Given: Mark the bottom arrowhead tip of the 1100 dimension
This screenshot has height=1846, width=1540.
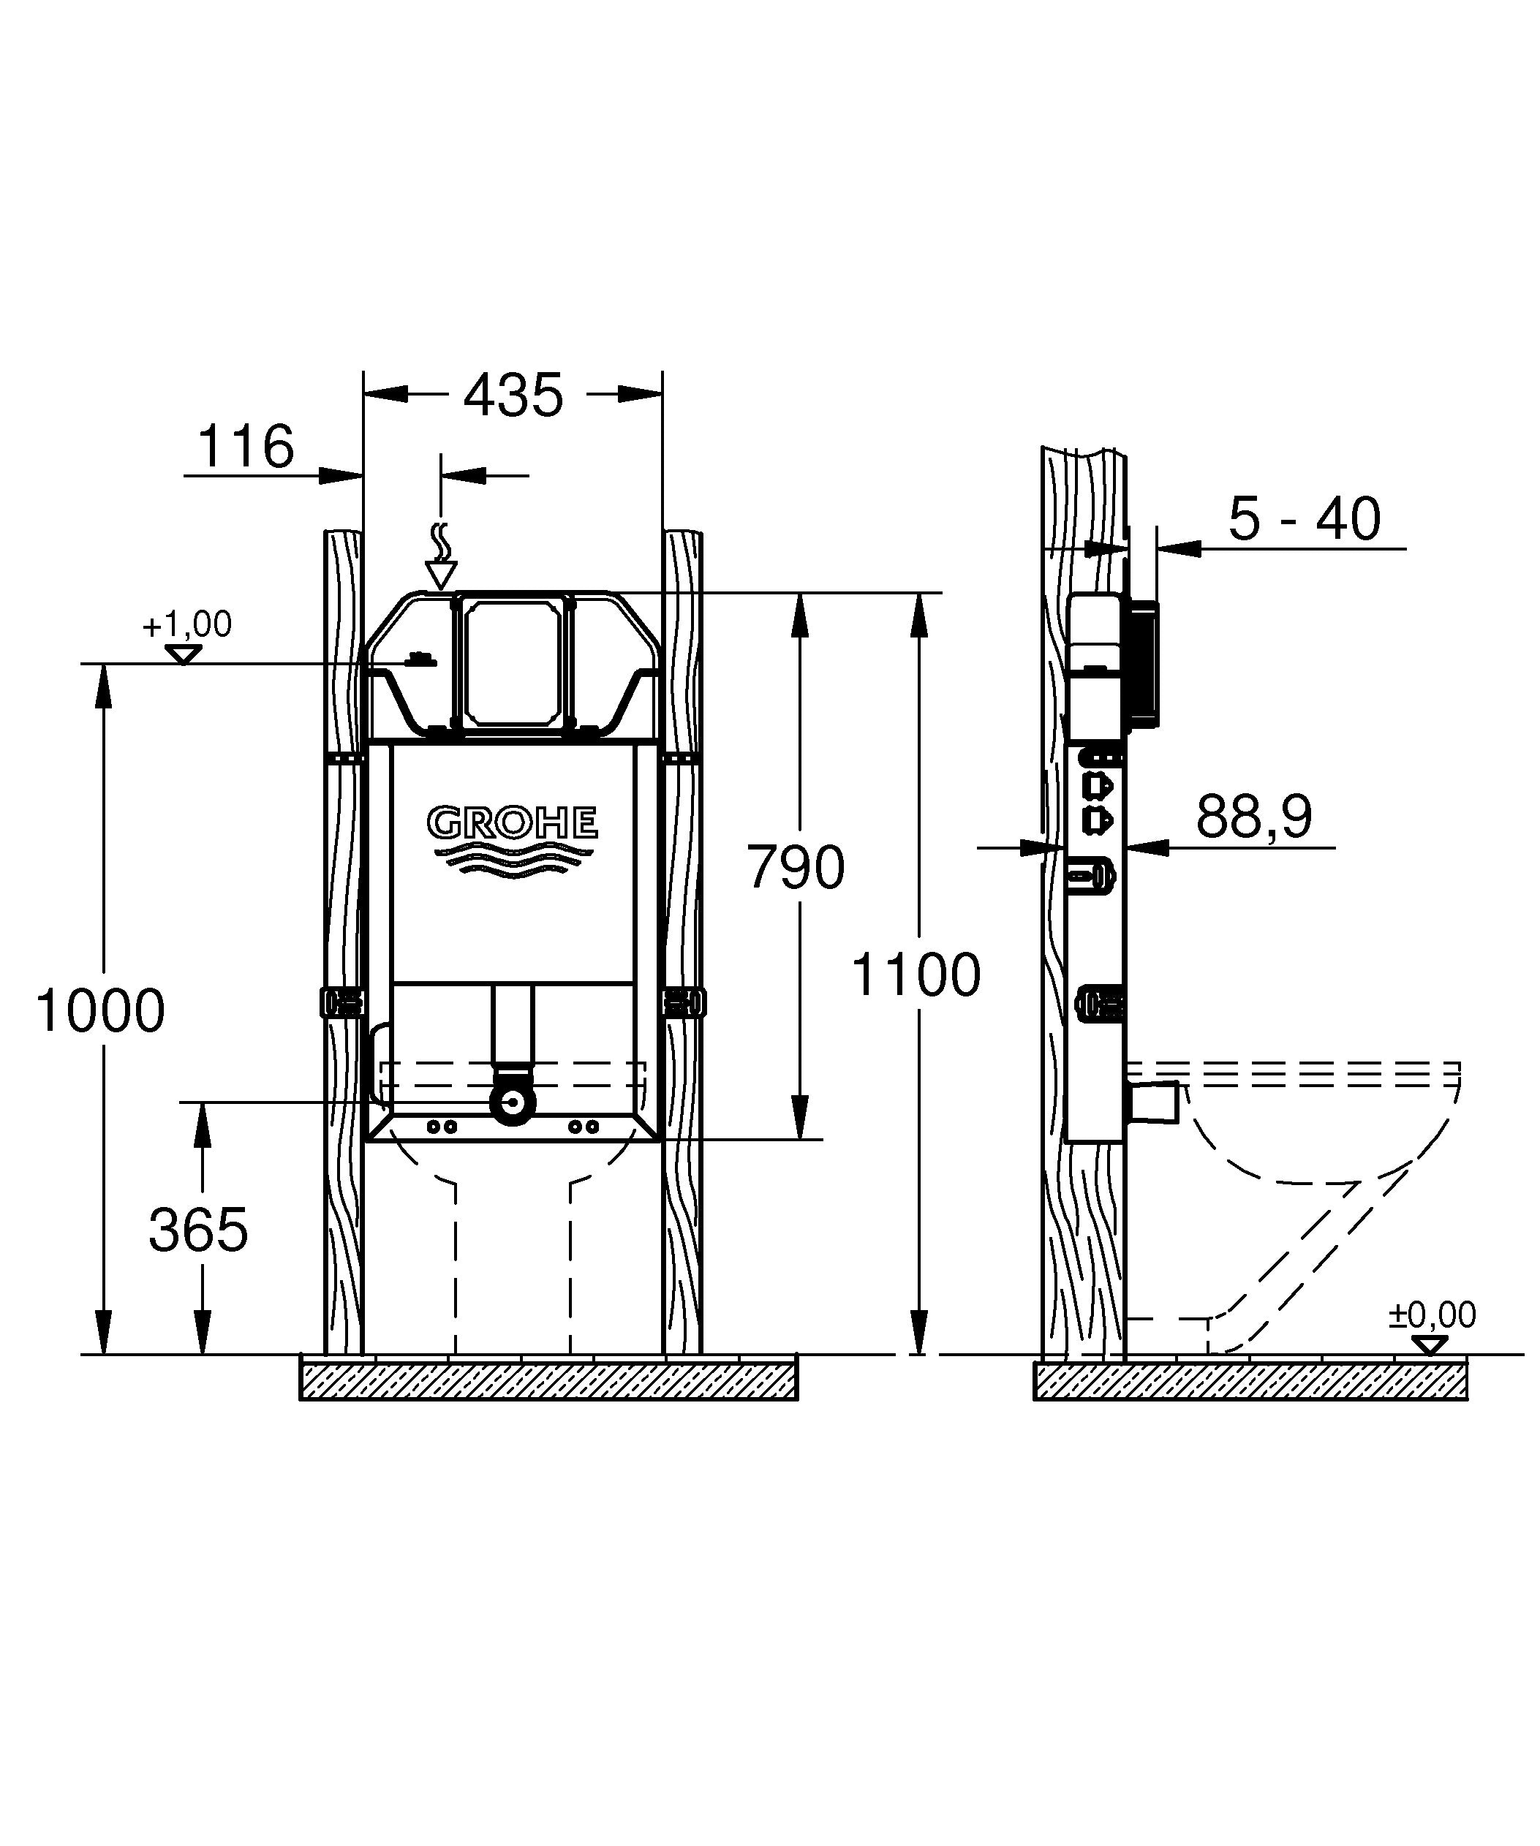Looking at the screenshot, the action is click(918, 1355).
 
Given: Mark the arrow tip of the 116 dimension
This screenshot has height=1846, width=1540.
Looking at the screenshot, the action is click(363, 475).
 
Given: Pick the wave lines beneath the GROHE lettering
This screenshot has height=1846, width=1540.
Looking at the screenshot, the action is click(513, 859).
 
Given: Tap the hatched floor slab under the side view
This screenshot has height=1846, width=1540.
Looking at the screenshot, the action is click(1250, 1380).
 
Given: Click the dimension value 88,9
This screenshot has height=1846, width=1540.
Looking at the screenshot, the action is click(1253, 817).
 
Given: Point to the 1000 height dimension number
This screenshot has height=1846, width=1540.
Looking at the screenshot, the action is click(100, 1010).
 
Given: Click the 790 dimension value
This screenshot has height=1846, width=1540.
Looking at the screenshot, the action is click(796, 867).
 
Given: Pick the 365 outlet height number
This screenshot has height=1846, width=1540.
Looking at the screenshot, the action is click(199, 1229).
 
